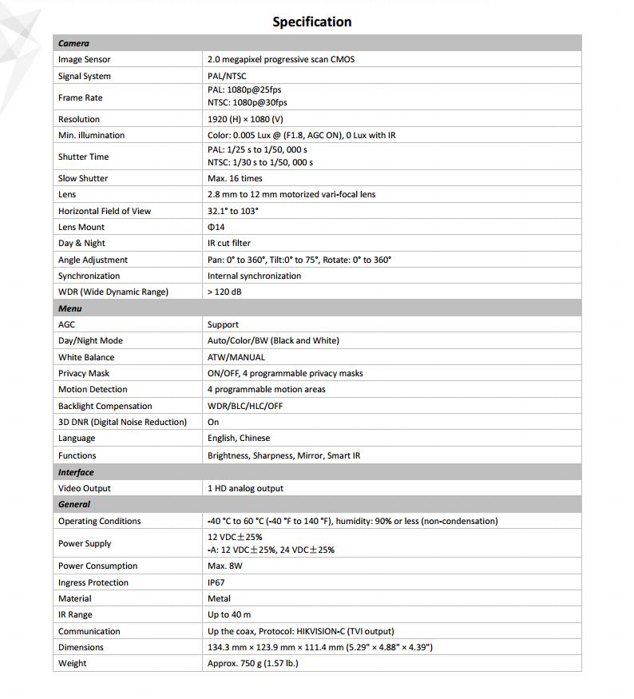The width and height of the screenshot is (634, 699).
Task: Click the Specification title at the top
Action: (311, 22)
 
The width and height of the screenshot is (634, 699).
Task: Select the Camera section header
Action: (73, 43)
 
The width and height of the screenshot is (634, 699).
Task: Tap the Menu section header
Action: (70, 308)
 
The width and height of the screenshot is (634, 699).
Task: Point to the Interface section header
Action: (76, 472)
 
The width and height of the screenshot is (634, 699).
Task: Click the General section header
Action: (74, 504)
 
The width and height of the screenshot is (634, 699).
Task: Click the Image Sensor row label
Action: (85, 59)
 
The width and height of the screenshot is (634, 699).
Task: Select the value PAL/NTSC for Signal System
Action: (227, 76)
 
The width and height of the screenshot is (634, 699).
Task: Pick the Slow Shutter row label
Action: (83, 178)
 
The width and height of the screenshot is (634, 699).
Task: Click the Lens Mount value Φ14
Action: (216, 227)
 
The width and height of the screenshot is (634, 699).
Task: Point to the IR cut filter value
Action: (229, 243)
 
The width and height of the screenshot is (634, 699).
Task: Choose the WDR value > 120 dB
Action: (224, 292)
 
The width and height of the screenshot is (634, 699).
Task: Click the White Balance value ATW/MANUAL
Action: (236, 357)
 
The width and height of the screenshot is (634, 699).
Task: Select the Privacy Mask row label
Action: (84, 373)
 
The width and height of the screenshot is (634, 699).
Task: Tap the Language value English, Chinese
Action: (239, 438)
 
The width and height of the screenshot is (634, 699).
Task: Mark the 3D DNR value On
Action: (213, 422)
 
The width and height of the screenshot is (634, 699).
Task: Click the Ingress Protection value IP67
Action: (217, 582)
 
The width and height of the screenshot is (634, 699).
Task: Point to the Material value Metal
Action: (219, 598)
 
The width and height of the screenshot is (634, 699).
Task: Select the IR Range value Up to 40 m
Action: (229, 614)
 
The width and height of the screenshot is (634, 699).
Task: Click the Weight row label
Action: (73, 663)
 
